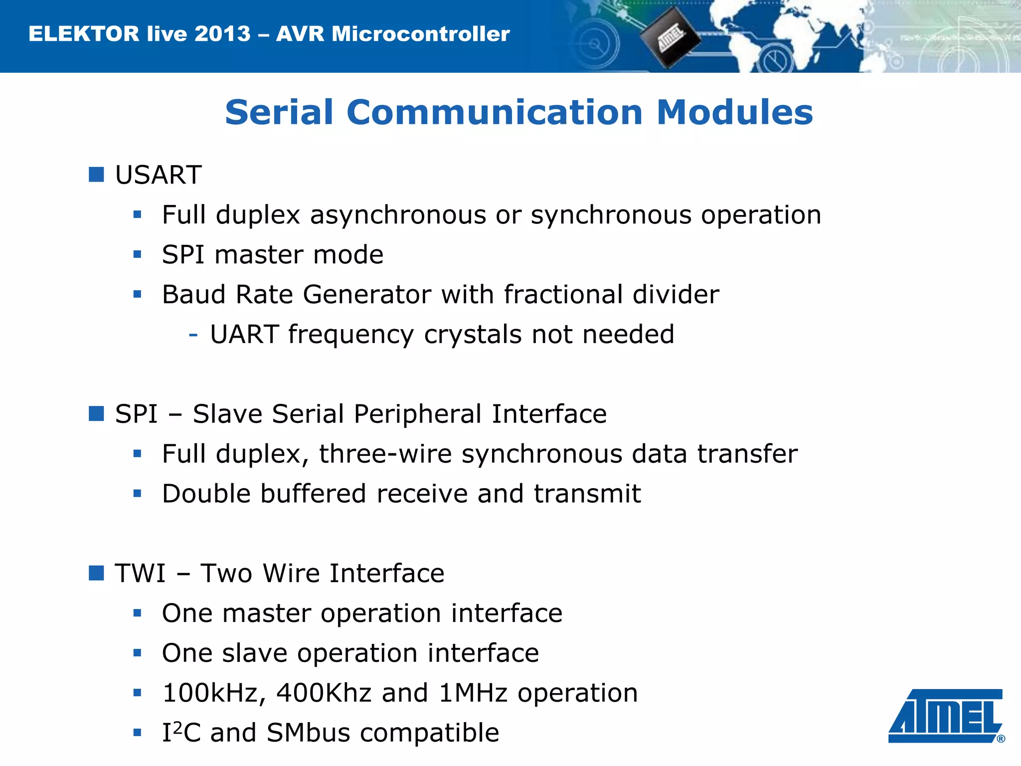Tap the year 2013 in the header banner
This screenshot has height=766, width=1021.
[x=222, y=34]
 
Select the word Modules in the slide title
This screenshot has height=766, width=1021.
[x=735, y=112]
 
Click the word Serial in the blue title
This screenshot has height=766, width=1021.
[x=279, y=112]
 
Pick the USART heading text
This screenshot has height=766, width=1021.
[x=158, y=175]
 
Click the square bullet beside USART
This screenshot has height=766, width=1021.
[x=96, y=175]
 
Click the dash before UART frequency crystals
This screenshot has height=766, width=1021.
[x=193, y=335]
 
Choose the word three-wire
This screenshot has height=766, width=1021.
[x=385, y=454]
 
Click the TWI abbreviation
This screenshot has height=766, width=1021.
[x=140, y=573]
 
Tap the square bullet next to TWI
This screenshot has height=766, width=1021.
[x=96, y=573]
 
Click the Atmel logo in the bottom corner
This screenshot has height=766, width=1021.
[x=945, y=716]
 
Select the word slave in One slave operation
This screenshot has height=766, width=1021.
[x=254, y=653]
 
